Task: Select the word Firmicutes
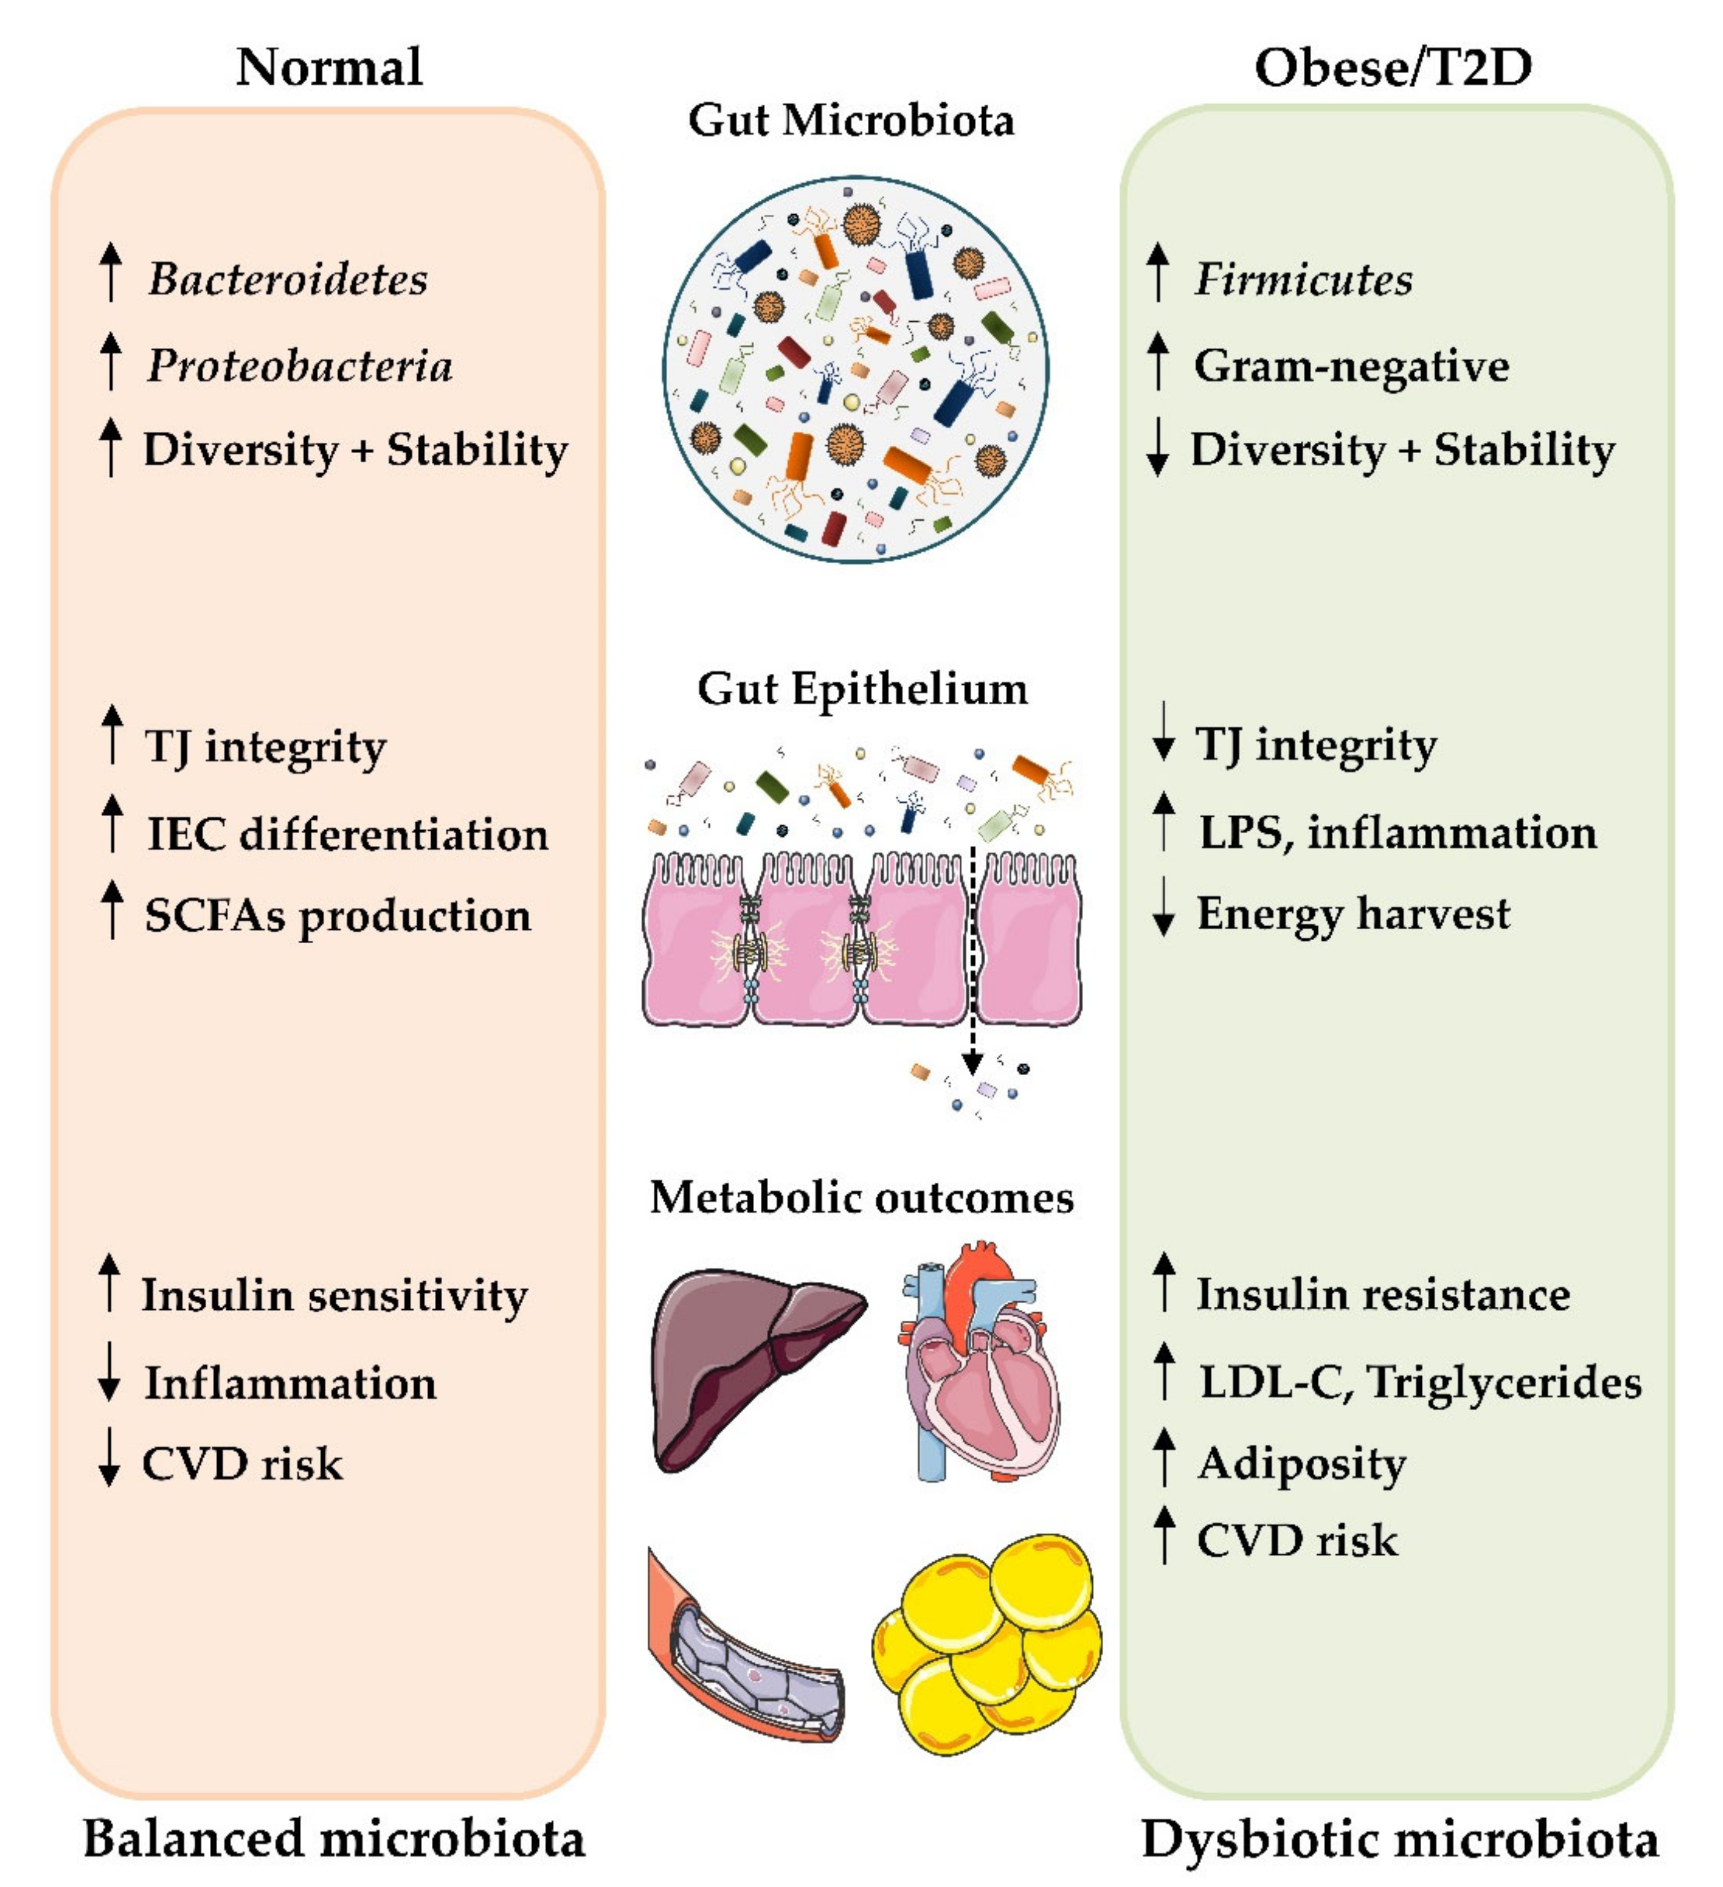point(1303,279)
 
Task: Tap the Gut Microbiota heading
point(851,121)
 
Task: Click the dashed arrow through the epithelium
point(972,964)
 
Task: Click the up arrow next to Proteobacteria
point(111,361)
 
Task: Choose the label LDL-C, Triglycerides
point(1420,1382)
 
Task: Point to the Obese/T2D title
point(1393,67)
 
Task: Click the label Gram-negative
point(1350,365)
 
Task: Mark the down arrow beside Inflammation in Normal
point(109,1372)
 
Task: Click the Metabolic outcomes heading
point(861,1197)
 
